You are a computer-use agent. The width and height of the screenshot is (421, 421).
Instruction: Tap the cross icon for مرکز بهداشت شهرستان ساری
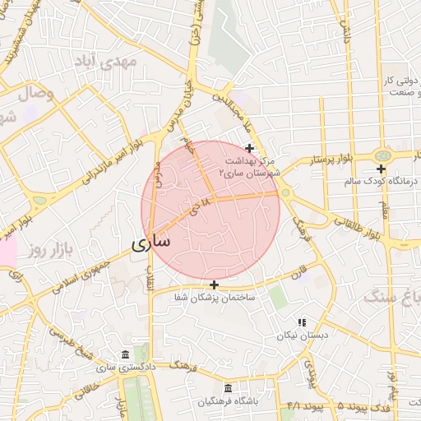click(x=250, y=148)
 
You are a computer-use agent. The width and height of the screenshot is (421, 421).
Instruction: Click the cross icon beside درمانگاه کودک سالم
click(x=381, y=169)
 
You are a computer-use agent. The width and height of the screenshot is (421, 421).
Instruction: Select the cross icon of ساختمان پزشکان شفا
click(x=215, y=285)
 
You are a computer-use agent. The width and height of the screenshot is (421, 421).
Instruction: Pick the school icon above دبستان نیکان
click(x=302, y=322)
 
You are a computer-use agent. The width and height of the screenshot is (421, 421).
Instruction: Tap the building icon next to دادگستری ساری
click(x=124, y=354)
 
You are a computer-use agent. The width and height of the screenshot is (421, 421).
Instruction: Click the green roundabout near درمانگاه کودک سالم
click(x=382, y=155)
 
